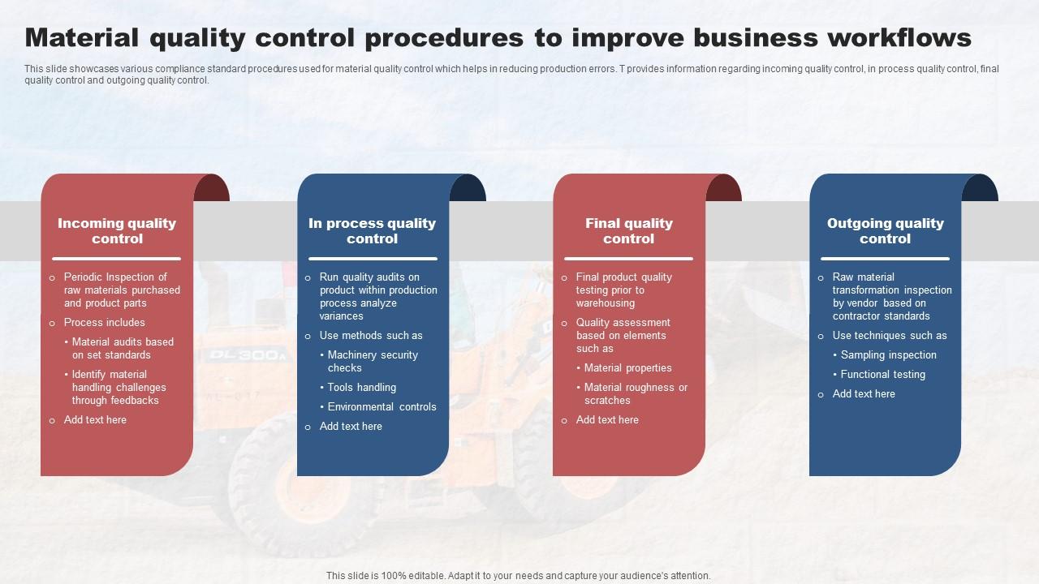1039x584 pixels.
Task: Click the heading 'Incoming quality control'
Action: (117, 231)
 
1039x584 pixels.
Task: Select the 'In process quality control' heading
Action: (372, 231)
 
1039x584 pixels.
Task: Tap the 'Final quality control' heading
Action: (628, 231)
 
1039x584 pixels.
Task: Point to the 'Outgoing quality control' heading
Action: (885, 231)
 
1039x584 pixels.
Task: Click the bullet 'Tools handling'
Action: (361, 388)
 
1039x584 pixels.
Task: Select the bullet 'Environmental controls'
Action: (382, 407)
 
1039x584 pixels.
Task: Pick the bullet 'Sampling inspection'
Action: (888, 355)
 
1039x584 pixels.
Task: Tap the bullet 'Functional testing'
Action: (882, 375)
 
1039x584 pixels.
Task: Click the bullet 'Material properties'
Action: (627, 368)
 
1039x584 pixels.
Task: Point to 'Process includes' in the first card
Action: (104, 323)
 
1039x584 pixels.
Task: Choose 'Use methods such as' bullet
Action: (370, 336)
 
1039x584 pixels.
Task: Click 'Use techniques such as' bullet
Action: (889, 336)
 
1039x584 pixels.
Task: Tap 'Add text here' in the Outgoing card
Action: (863, 394)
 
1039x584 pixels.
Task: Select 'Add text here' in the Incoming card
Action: (95, 420)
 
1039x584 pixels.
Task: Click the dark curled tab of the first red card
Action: (213, 188)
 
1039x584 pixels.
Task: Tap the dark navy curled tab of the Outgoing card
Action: (981, 188)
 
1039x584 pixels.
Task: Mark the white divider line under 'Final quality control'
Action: (628, 259)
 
